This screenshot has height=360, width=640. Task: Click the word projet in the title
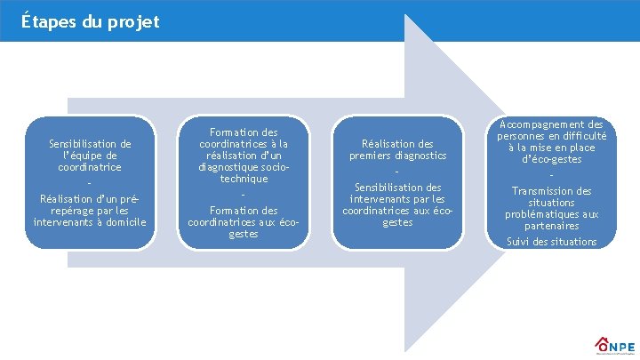tap(136, 21)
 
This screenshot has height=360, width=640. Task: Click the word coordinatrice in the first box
tap(90, 167)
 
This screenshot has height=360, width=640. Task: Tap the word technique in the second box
tap(243, 178)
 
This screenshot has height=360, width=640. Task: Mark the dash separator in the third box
tap(397, 172)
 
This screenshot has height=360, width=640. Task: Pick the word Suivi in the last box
tap(519, 242)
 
